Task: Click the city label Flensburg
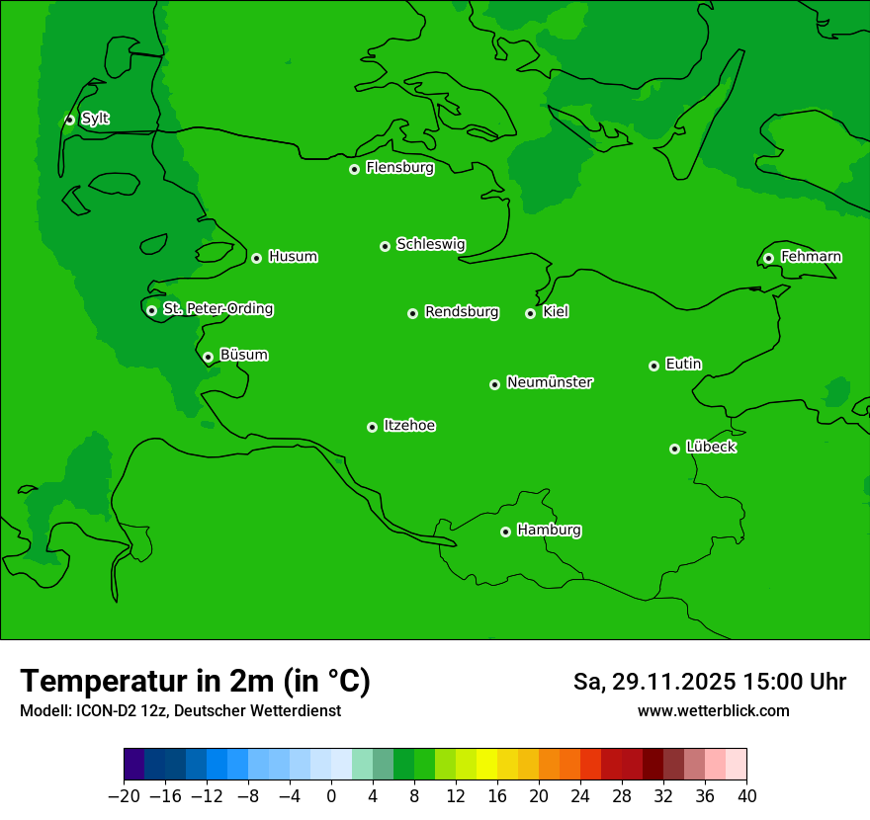399,168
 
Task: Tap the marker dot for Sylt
69,120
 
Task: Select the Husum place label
293,257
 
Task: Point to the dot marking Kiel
530,313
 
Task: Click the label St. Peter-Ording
217,309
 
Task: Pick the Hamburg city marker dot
505,532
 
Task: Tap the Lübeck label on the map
711,448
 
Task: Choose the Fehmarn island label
811,257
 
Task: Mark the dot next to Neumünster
494,384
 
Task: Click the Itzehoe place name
409,426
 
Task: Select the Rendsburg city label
462,312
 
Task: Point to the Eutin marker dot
653,366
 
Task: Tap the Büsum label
243,355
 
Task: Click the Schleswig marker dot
385,246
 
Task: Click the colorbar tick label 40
746,796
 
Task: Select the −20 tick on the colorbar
124,796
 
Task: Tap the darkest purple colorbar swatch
134,765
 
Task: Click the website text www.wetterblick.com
713,710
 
